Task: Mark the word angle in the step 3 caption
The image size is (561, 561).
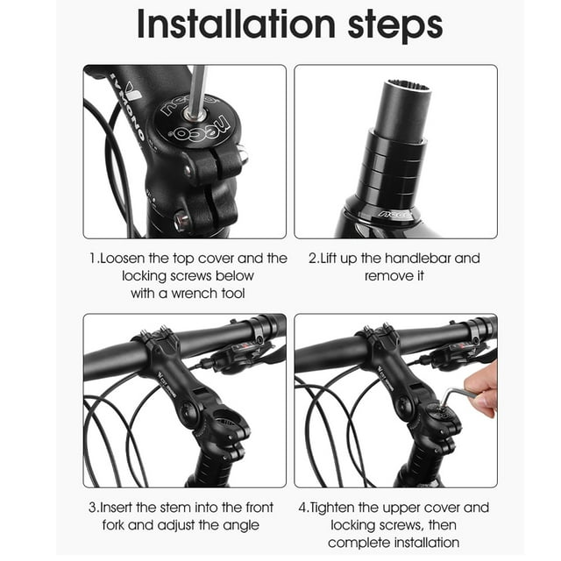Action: point(240,525)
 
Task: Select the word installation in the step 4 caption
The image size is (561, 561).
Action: point(419,543)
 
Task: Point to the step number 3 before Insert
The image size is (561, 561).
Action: point(91,508)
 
